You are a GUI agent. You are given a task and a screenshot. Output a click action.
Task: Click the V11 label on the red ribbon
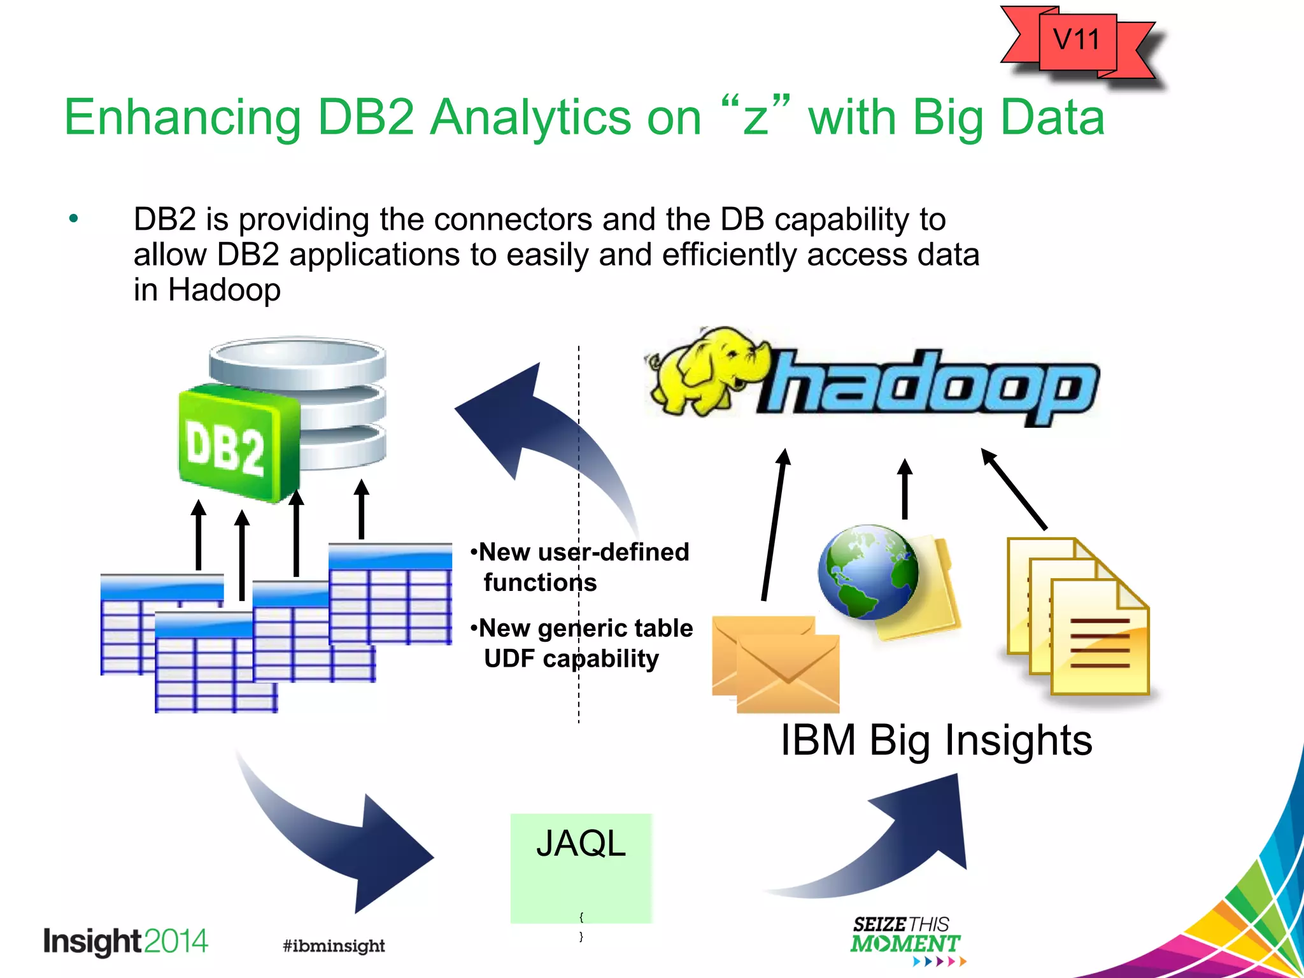(x=1076, y=40)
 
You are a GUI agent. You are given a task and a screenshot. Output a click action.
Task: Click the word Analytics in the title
(x=532, y=118)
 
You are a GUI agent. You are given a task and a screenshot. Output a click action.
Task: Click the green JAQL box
(x=581, y=868)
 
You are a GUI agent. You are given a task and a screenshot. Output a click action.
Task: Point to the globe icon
(x=867, y=571)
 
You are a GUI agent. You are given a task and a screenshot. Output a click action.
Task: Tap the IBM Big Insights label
(x=936, y=741)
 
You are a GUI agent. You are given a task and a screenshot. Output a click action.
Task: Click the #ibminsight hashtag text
(x=334, y=946)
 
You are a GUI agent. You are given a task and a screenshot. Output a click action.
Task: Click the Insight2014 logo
(x=125, y=942)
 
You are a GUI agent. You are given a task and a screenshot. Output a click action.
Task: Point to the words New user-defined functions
(x=579, y=567)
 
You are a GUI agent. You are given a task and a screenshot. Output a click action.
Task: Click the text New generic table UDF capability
(x=581, y=643)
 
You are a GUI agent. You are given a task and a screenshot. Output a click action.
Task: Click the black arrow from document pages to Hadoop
(x=1014, y=489)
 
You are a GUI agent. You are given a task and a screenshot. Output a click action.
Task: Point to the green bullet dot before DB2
(x=74, y=219)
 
